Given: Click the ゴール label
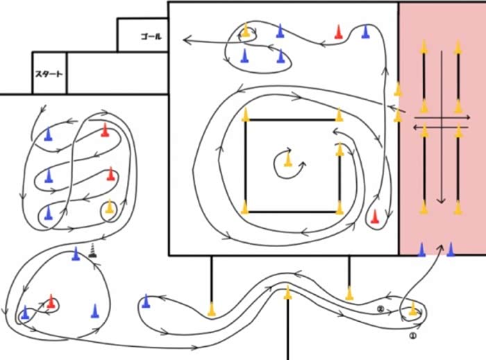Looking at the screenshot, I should coord(151,36).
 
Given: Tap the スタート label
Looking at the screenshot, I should coord(49,74).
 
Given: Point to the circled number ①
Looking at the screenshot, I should coord(412,334).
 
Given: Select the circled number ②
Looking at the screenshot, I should coord(380,308).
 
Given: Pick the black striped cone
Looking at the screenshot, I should coord(93,250).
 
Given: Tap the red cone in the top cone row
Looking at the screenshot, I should coord(338,31).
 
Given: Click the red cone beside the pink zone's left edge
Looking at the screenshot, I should coord(374,217).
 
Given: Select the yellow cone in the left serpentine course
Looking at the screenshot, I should coord(109,207).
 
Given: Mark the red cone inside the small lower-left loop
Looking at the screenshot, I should coord(51,301).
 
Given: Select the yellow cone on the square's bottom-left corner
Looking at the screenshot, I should coord(245,207).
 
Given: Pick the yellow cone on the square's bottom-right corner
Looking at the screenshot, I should coord(340,207).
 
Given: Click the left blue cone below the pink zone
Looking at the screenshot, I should coord(421,250).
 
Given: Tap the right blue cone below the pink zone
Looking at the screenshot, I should coord(451,250).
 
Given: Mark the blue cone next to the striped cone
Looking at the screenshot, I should coord(76,254).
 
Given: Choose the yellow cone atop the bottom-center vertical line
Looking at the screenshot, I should coord(287,293).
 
